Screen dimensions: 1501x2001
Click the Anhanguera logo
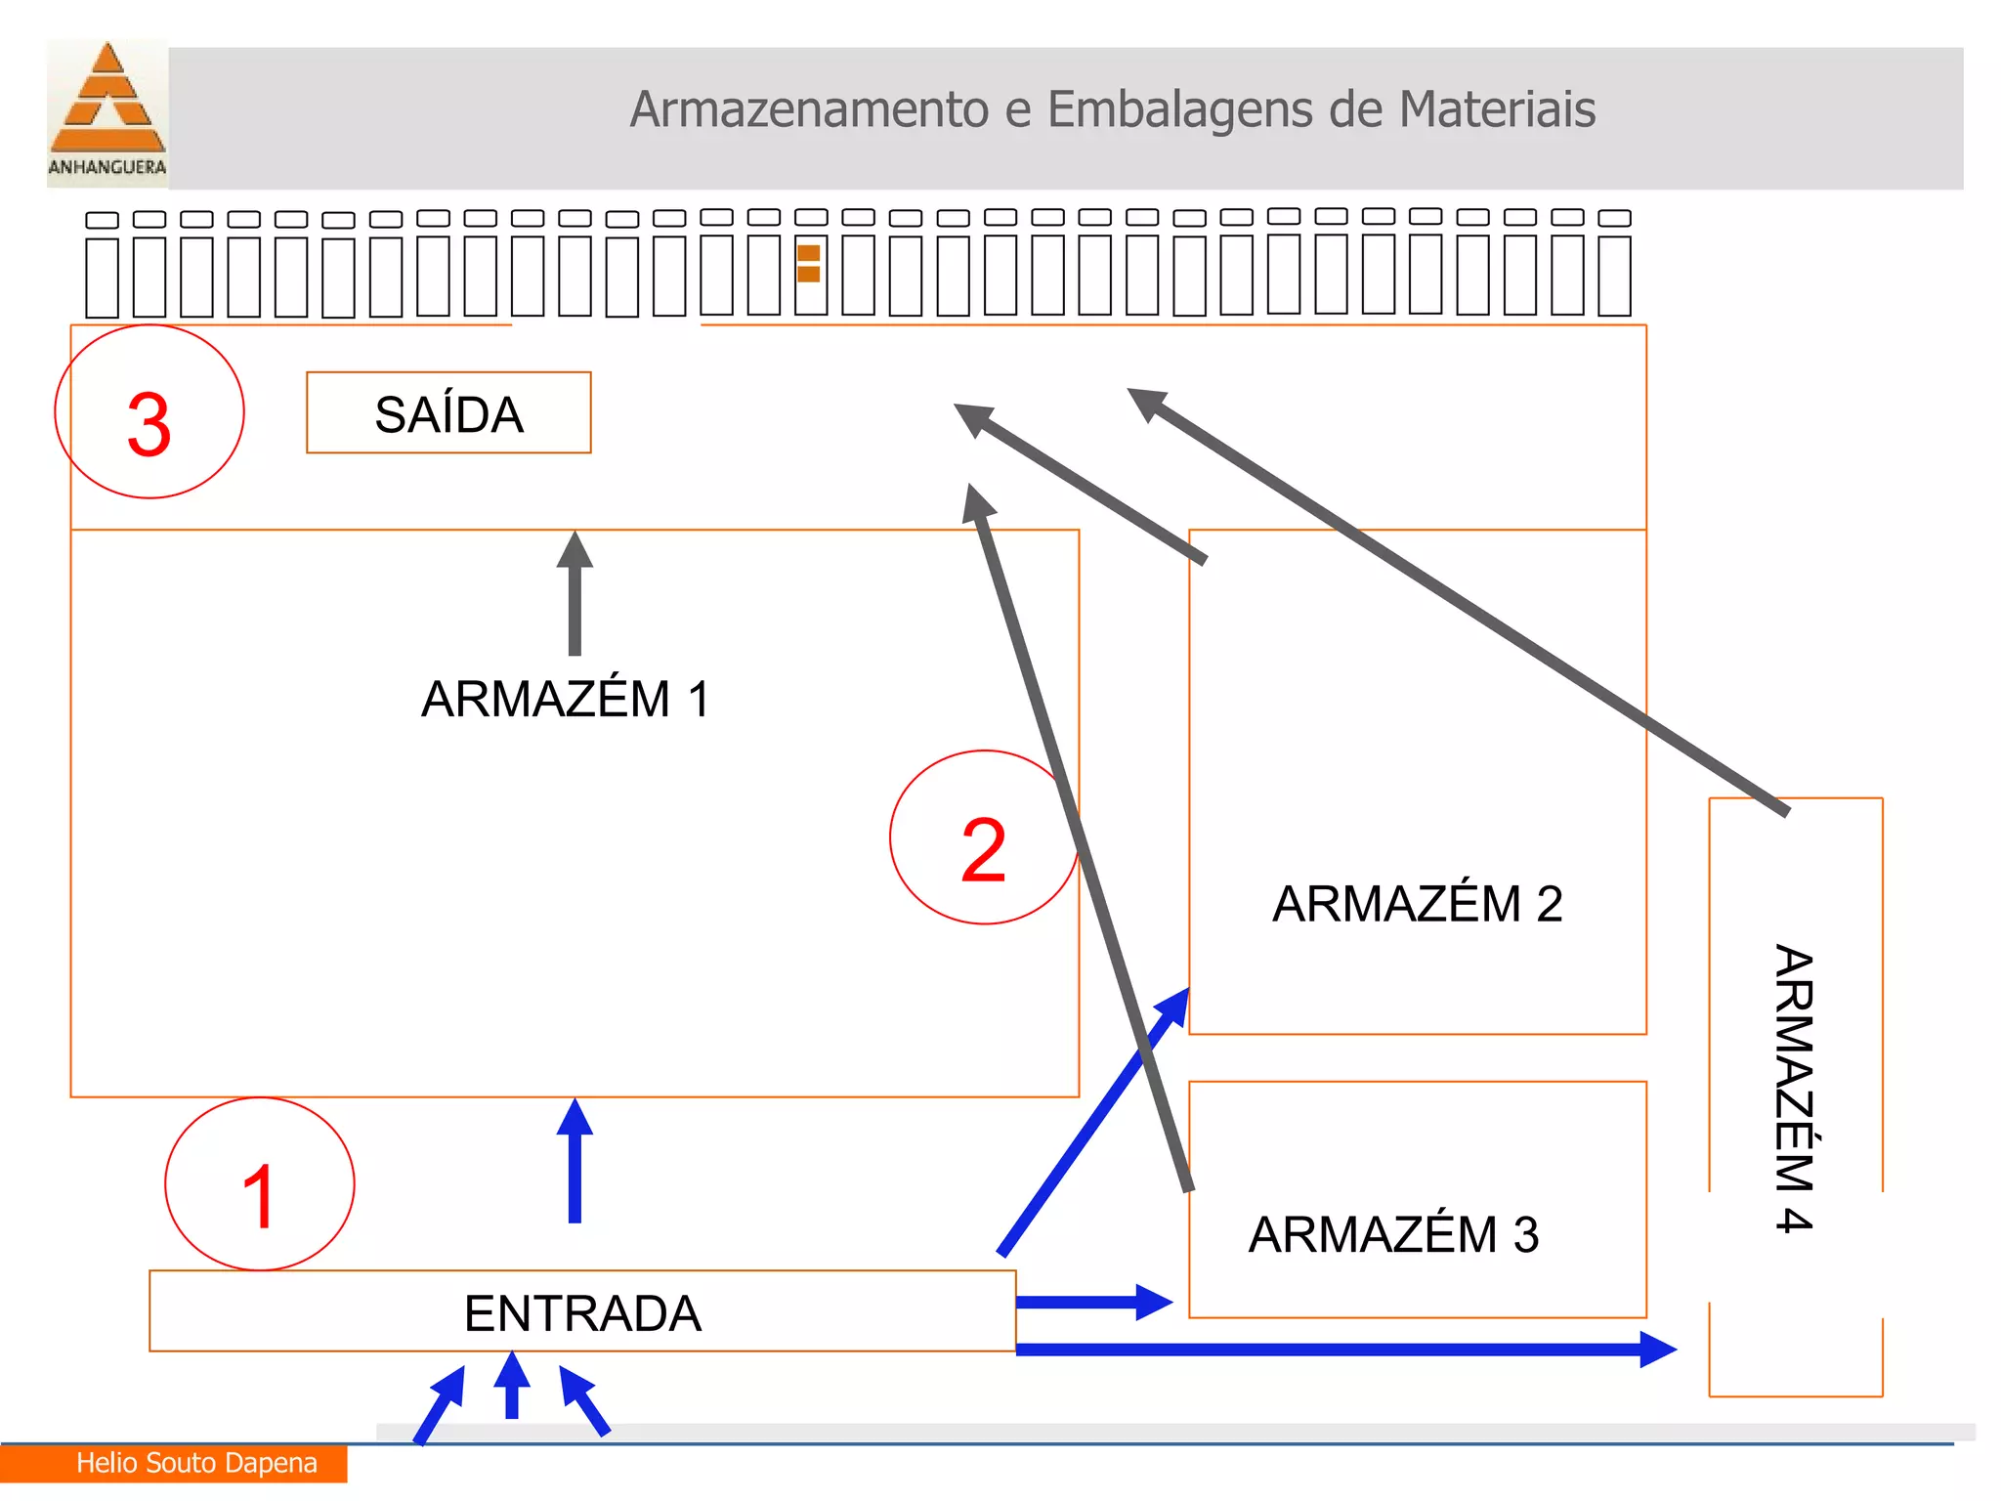107,109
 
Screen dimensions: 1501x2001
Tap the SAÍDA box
448,413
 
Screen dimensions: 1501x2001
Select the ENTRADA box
582,1312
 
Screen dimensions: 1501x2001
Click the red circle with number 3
149,412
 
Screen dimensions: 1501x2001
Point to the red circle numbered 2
983,838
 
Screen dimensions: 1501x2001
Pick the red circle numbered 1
260,1184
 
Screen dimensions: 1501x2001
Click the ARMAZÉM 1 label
566,700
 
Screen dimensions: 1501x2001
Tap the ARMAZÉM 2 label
1417,904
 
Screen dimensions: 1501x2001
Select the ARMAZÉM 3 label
1393,1235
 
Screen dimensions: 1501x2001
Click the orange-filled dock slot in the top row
809,264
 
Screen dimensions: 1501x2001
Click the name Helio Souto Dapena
196,1463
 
